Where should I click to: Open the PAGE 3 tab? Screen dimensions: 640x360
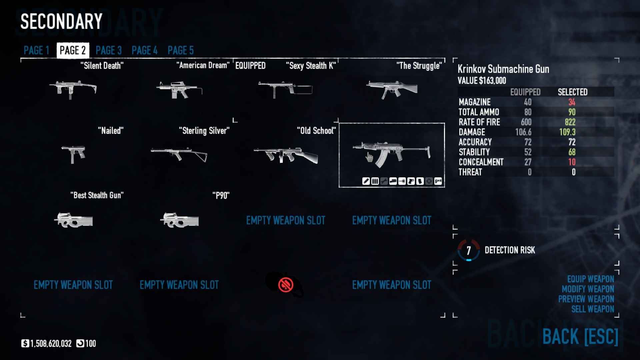click(109, 50)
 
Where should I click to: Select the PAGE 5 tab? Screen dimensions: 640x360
click(181, 50)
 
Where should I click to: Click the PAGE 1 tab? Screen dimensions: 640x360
click(36, 50)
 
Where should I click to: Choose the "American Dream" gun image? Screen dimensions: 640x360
click(179, 90)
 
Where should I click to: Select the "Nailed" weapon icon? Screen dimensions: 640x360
click(73, 154)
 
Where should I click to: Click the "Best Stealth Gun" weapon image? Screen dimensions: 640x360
click(73, 220)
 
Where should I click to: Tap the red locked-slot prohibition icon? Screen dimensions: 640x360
click(286, 285)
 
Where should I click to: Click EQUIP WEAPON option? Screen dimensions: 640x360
click(591, 279)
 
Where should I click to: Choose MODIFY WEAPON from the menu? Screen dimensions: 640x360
click(588, 289)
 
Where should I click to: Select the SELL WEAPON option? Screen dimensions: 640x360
click(593, 309)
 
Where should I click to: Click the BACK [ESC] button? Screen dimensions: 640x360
click(580, 336)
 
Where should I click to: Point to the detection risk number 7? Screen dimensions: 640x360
click(469, 250)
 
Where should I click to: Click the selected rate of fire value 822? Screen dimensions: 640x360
click(570, 122)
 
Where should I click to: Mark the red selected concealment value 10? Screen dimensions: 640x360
click(572, 162)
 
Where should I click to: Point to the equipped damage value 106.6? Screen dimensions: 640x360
click(523, 132)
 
